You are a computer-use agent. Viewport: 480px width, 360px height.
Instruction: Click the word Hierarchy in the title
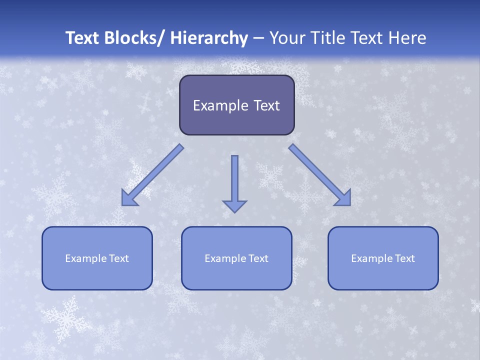pos(209,38)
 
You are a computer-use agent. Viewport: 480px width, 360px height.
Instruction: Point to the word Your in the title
pos(286,38)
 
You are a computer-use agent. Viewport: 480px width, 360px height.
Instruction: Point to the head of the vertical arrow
pos(234,205)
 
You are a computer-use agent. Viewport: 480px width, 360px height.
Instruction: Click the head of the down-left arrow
pos(128,198)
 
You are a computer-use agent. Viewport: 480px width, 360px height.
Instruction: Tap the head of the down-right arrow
pos(343,198)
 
